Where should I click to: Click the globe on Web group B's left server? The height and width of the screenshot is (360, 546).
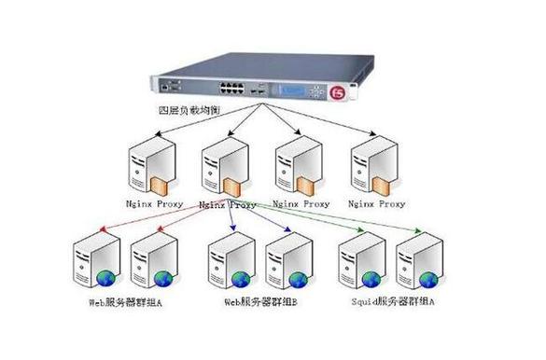tap(239, 278)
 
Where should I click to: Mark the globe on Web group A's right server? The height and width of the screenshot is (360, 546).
tap(163, 278)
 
